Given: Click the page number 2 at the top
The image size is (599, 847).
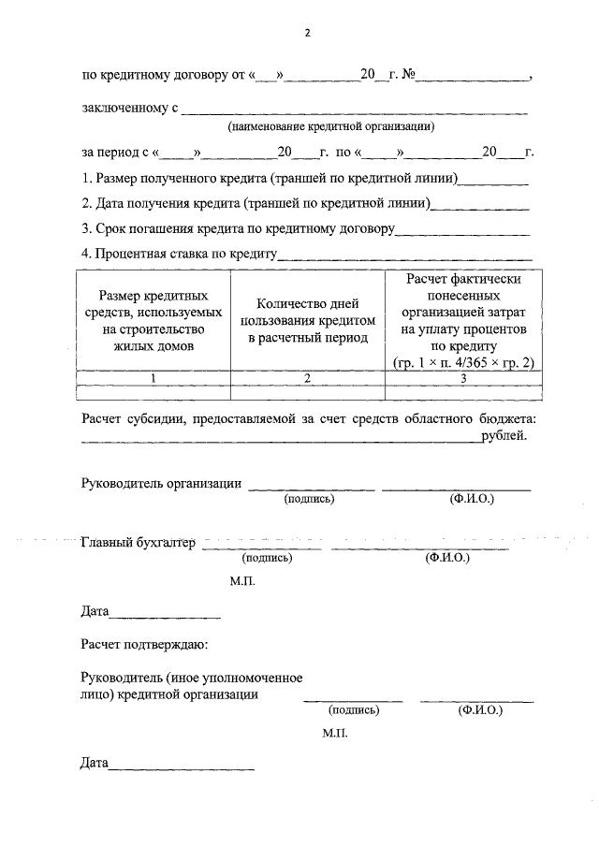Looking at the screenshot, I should click(x=306, y=34).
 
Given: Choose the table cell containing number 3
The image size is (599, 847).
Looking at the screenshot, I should click(x=462, y=377).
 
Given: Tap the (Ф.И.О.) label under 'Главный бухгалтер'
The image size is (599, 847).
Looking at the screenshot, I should click(x=446, y=558).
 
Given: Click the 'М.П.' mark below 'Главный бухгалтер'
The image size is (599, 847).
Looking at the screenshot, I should click(x=241, y=581).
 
